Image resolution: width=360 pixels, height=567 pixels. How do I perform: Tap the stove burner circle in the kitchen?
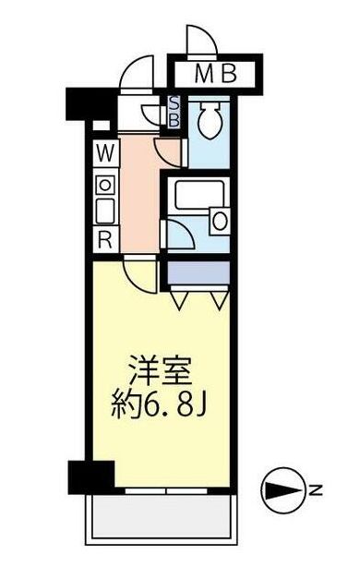tap(104, 184)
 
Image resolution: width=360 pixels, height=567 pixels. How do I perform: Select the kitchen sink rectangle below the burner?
tap(104, 211)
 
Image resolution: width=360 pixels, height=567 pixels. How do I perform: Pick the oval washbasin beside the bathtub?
tap(219, 220)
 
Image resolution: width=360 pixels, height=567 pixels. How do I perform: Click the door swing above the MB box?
tap(199, 42)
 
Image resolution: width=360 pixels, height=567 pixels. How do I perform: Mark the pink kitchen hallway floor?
tap(138, 194)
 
